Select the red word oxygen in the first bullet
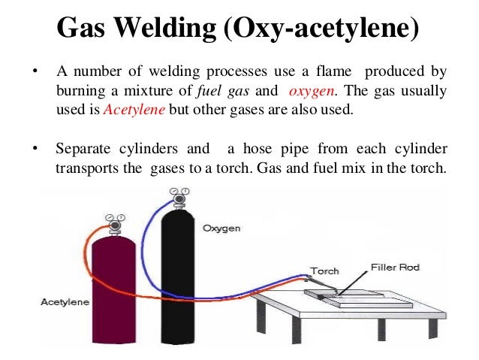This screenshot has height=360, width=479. (311, 91)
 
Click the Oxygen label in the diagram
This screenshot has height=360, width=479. (221, 228)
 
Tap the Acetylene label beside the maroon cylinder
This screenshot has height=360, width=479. (64, 302)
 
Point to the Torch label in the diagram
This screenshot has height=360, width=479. (324, 271)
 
